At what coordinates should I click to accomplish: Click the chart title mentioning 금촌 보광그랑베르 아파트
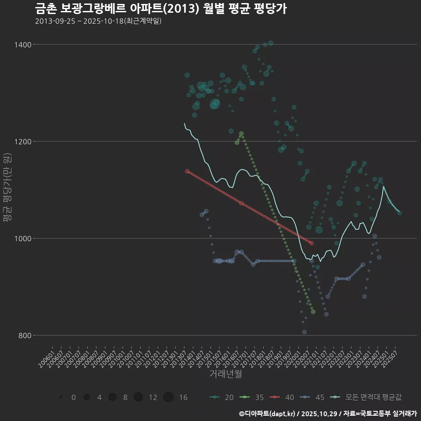point(161,9)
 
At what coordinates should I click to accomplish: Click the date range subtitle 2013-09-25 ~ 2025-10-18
point(98,21)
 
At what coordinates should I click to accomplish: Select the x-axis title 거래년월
point(225,374)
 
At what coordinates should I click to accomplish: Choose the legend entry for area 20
point(221,397)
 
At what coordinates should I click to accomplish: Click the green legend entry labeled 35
point(252,397)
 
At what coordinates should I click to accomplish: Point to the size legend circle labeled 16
point(168,397)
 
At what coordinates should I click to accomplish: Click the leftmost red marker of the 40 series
point(187,171)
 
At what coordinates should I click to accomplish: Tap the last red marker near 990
point(311,243)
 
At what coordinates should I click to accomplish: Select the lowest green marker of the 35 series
point(313,312)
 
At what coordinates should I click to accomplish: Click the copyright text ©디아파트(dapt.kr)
point(268,414)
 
